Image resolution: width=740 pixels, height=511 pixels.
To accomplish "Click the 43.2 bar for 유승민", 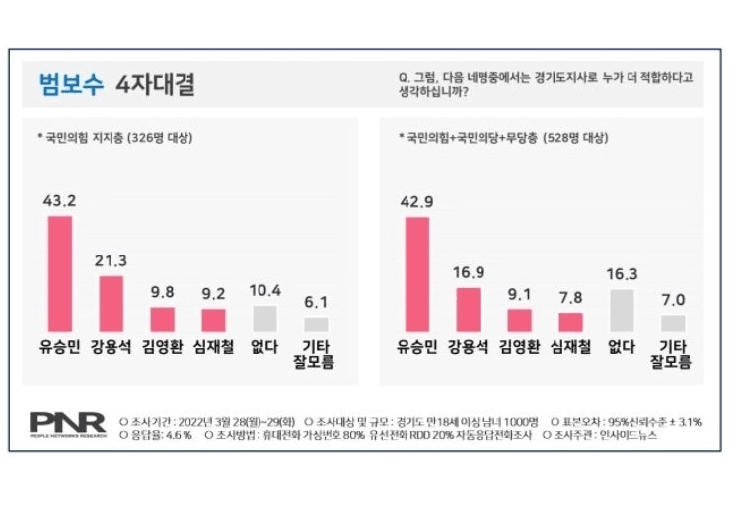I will [60, 273].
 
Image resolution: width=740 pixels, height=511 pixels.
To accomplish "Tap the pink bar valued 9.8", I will [162, 320].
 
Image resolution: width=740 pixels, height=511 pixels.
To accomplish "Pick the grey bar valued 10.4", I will [264, 319].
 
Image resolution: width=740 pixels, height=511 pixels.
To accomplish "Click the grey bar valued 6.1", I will [316, 325].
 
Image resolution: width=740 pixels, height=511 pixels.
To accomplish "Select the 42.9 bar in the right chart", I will [417, 274].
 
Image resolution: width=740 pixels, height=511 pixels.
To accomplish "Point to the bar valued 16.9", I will [469, 310].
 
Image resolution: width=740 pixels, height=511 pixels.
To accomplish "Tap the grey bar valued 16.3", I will [622, 311].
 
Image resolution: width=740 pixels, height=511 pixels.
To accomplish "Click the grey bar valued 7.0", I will [673, 324].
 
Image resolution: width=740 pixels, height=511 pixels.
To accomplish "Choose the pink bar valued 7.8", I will [571, 323].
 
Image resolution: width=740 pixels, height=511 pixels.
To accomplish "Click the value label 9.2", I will [213, 293].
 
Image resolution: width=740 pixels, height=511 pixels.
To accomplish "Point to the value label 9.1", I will [520, 293].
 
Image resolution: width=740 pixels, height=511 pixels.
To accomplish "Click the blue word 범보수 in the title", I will [70, 84].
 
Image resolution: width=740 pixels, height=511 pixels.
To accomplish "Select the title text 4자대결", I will [154, 84].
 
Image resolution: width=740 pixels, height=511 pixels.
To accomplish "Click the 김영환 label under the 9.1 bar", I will [520, 347].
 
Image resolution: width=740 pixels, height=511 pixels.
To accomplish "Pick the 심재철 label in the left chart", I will [213, 347].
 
